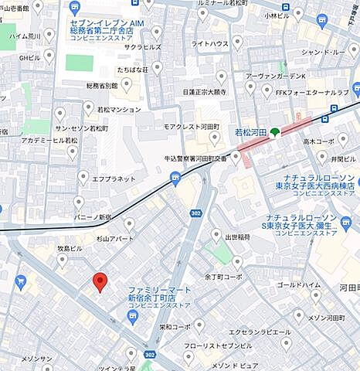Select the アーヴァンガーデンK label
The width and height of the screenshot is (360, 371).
point(275,76)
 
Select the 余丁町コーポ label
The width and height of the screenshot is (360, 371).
point(225,276)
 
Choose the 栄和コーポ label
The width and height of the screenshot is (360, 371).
point(175,327)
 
